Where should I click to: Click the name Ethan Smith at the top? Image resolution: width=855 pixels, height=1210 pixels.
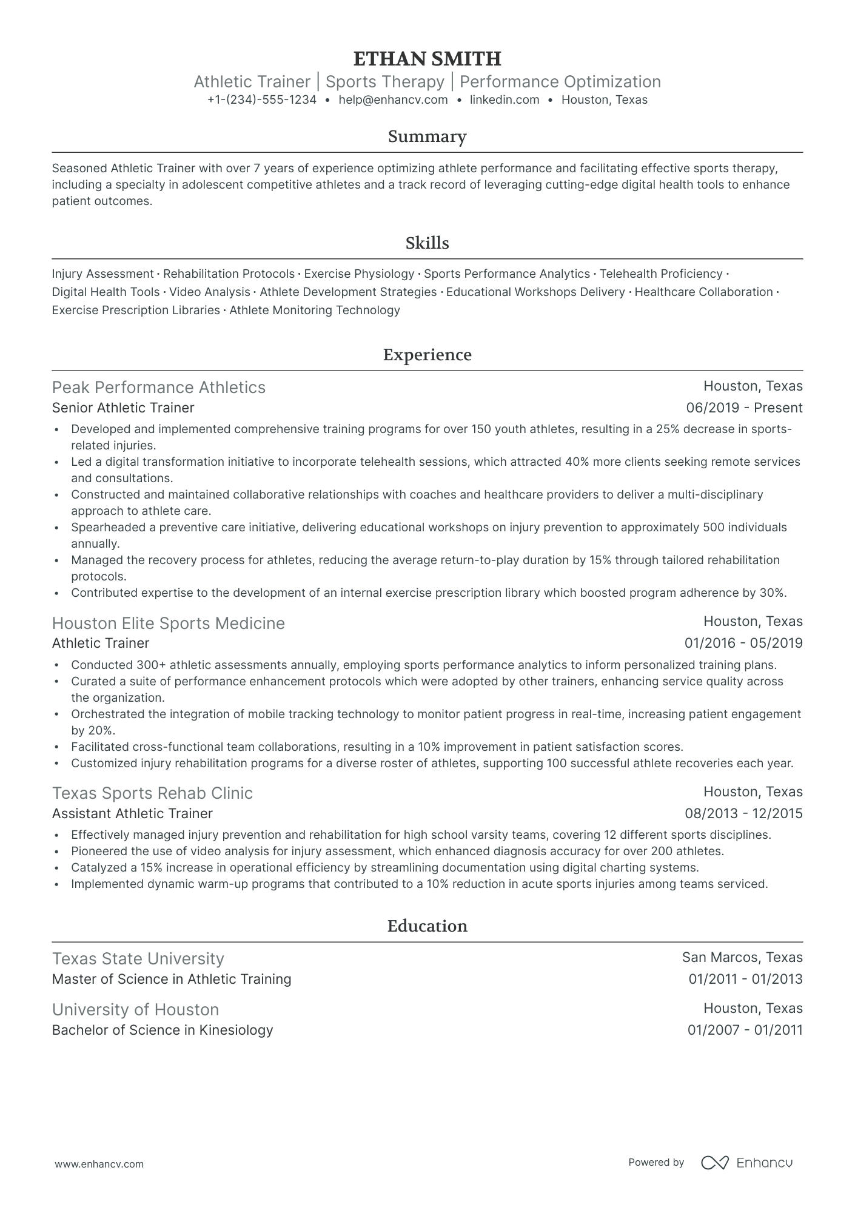pyautogui.click(x=427, y=59)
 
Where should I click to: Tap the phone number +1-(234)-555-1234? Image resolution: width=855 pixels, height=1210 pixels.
pyautogui.click(x=261, y=100)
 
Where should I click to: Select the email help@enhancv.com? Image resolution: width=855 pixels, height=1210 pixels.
pyautogui.click(x=393, y=100)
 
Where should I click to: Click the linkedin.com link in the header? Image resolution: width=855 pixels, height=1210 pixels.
pyautogui.click(x=505, y=100)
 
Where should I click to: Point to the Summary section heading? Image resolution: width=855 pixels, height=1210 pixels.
pyautogui.click(x=427, y=136)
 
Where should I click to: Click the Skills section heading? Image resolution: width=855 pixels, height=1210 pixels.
pyautogui.click(x=427, y=243)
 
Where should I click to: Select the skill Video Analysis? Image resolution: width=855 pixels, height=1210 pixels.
pyautogui.click(x=210, y=292)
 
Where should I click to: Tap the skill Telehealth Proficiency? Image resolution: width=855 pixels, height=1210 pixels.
pyautogui.click(x=661, y=274)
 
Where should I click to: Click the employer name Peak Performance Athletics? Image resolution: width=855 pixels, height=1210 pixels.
pyautogui.click(x=159, y=388)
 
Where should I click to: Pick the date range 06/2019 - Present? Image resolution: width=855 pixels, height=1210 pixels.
pyautogui.click(x=744, y=408)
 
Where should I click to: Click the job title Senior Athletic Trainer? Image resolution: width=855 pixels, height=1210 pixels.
pyautogui.click(x=123, y=408)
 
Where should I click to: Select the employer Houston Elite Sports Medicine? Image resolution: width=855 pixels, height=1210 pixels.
pyautogui.click(x=169, y=623)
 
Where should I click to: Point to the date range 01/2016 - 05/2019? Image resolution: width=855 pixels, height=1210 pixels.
pyautogui.click(x=743, y=644)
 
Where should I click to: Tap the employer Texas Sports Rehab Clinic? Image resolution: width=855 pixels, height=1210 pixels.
pyautogui.click(x=152, y=793)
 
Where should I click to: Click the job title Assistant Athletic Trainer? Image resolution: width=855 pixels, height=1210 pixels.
pyautogui.click(x=132, y=813)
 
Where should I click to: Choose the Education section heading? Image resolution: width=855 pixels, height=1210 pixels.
pyautogui.click(x=427, y=926)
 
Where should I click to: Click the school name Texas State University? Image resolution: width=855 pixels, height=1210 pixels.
pyautogui.click(x=138, y=959)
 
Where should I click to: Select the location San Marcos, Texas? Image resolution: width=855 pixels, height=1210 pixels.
pyautogui.click(x=742, y=958)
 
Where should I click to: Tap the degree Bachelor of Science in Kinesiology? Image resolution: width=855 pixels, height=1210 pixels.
pyautogui.click(x=163, y=1030)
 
